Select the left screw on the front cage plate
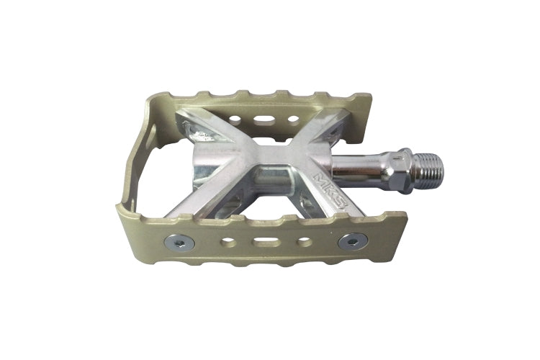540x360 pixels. (x=179, y=243)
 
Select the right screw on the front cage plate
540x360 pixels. (x=353, y=241)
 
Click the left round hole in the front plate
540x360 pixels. (x=229, y=242)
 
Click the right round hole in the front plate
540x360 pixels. (x=303, y=241)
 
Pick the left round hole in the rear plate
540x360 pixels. (x=235, y=120)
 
